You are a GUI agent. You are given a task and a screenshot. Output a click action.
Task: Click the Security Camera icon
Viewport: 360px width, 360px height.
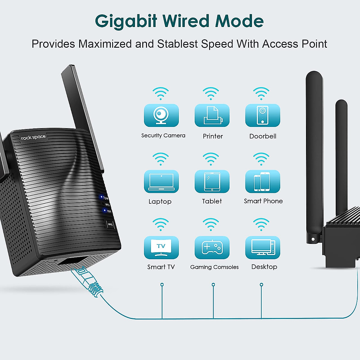pos(161,115)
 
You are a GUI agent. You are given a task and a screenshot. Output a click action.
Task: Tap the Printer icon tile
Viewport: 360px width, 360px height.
pos(212,115)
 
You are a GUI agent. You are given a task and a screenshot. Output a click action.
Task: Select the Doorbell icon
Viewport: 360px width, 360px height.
pos(262,115)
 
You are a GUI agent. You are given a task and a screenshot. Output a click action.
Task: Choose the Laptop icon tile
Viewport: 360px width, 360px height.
pos(161,181)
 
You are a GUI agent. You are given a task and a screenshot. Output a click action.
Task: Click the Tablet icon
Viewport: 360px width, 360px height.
pos(212,181)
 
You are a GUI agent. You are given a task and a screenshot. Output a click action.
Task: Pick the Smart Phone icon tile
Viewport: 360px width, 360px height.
pos(262,181)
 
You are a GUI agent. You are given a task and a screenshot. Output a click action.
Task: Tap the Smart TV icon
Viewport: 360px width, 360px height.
pos(161,247)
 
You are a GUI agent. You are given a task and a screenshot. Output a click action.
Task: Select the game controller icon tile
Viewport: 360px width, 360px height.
pos(212,247)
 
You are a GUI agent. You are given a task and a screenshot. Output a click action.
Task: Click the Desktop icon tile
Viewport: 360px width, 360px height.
pos(262,247)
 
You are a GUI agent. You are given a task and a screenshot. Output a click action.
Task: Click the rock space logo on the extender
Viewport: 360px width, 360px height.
pos(33,137)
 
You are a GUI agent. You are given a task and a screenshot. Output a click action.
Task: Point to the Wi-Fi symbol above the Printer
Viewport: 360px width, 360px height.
pos(211,94)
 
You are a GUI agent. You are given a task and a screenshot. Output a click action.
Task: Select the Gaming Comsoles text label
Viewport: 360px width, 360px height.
pos(214,267)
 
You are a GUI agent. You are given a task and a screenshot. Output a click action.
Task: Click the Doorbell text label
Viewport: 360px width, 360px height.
pos(263,136)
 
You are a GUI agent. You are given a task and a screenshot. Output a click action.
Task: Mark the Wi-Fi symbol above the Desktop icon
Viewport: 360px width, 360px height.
pos(261,224)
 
